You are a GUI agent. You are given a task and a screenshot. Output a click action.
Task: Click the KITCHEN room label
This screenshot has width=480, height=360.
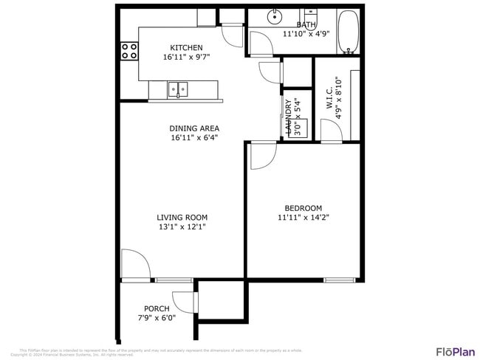pos(186,48)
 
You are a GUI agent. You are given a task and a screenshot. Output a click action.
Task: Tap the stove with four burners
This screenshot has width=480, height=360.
pos(129,50)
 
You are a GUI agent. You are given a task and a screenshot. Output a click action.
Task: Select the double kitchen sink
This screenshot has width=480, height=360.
pos(178,90)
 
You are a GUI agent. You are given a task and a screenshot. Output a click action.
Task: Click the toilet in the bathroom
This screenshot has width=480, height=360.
pos(311,14)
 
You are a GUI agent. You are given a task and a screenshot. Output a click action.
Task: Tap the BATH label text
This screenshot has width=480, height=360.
pos(306,25)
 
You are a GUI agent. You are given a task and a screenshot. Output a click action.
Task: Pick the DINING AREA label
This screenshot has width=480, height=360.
pos(194,128)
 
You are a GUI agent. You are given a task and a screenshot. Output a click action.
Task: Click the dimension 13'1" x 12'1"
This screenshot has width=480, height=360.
pos(182,227)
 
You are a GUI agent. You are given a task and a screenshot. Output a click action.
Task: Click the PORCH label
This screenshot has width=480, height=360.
pos(157,308)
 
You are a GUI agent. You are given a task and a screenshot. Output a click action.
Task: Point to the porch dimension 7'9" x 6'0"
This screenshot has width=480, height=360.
pos(157,318)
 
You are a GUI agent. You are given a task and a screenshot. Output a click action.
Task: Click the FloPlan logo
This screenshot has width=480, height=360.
pos(455,351)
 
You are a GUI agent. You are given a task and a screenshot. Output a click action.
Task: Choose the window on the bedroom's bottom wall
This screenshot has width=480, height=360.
pos(339,280)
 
